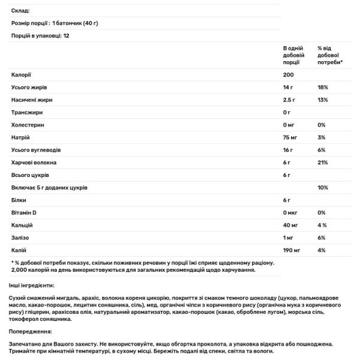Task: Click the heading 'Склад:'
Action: pyautogui.click(x=20, y=11)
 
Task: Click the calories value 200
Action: pyautogui.click(x=288, y=75)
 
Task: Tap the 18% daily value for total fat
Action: pyautogui.click(x=322, y=88)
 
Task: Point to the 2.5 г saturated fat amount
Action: pyautogui.click(x=289, y=100)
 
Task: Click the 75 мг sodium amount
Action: pyautogui.click(x=290, y=137)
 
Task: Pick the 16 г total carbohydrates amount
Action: pyautogui.click(x=288, y=150)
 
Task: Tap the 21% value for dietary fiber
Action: pyautogui.click(x=322, y=163)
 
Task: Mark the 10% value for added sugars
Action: pyautogui.click(x=322, y=188)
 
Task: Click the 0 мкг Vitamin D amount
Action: pyautogui.click(x=291, y=213)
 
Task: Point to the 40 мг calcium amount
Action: pyautogui.click(x=290, y=225)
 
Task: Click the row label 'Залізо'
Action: pyautogui.click(x=20, y=238)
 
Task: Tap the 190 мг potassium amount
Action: pyautogui.click(x=292, y=250)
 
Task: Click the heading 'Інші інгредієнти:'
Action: pyautogui.click(x=32, y=285)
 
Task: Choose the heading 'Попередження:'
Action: pyautogui.click(x=31, y=331)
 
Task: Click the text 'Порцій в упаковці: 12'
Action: pyautogui.click(x=38, y=36)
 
